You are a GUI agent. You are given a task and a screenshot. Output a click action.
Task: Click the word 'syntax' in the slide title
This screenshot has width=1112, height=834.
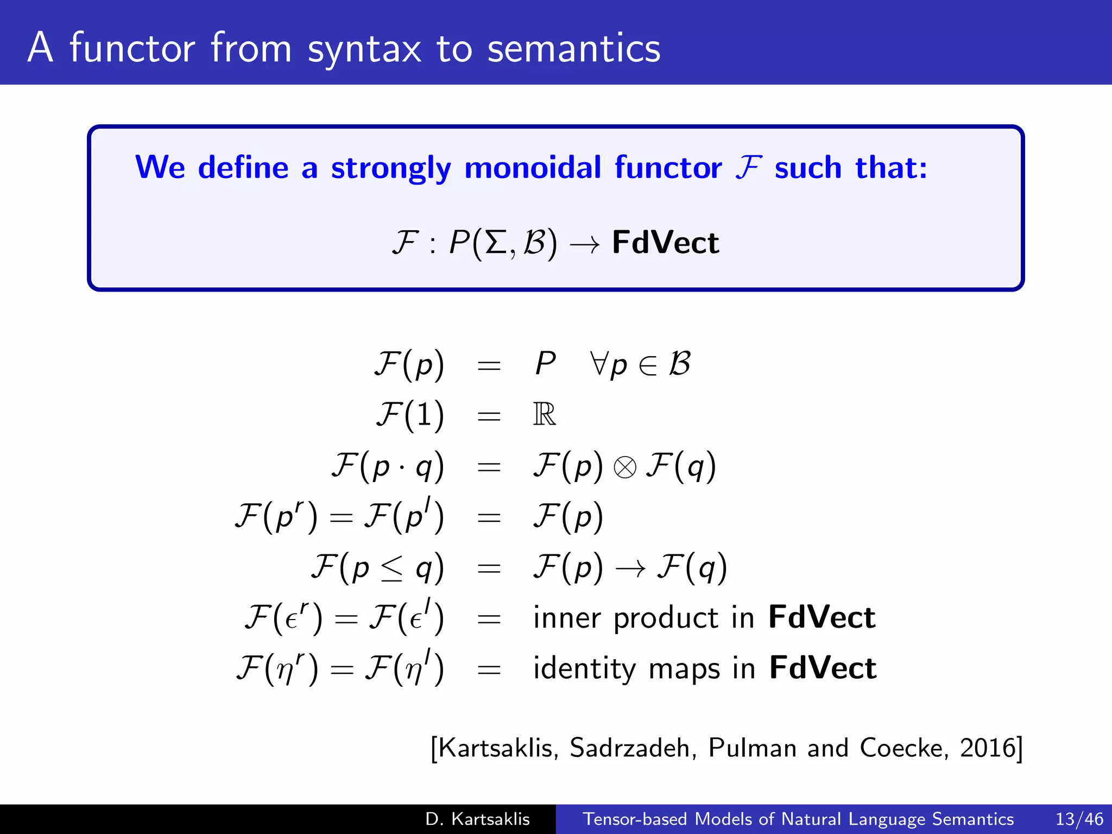pos(364,49)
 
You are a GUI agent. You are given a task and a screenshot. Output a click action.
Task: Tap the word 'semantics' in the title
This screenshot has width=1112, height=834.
pos(574,49)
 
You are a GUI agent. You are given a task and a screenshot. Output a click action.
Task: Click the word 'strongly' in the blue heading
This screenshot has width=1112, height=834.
pos(391,168)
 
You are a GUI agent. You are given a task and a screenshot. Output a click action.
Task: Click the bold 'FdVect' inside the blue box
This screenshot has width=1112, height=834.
pos(665,243)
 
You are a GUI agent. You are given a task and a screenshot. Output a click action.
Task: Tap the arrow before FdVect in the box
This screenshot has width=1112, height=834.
pos(585,244)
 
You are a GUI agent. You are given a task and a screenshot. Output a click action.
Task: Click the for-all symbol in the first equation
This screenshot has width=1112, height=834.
pos(599,363)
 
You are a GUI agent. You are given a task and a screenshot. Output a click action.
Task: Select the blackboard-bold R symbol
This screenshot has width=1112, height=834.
pos(545,415)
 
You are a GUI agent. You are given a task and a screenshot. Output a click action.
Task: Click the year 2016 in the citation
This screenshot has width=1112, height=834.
pos(988,748)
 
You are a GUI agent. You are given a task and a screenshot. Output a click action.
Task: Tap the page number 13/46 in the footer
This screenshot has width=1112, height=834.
pos(1079,819)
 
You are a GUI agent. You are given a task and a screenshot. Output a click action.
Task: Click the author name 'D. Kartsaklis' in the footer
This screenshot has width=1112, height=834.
pos(477,819)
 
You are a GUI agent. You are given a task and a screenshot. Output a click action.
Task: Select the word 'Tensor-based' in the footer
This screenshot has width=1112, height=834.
pos(635,819)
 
